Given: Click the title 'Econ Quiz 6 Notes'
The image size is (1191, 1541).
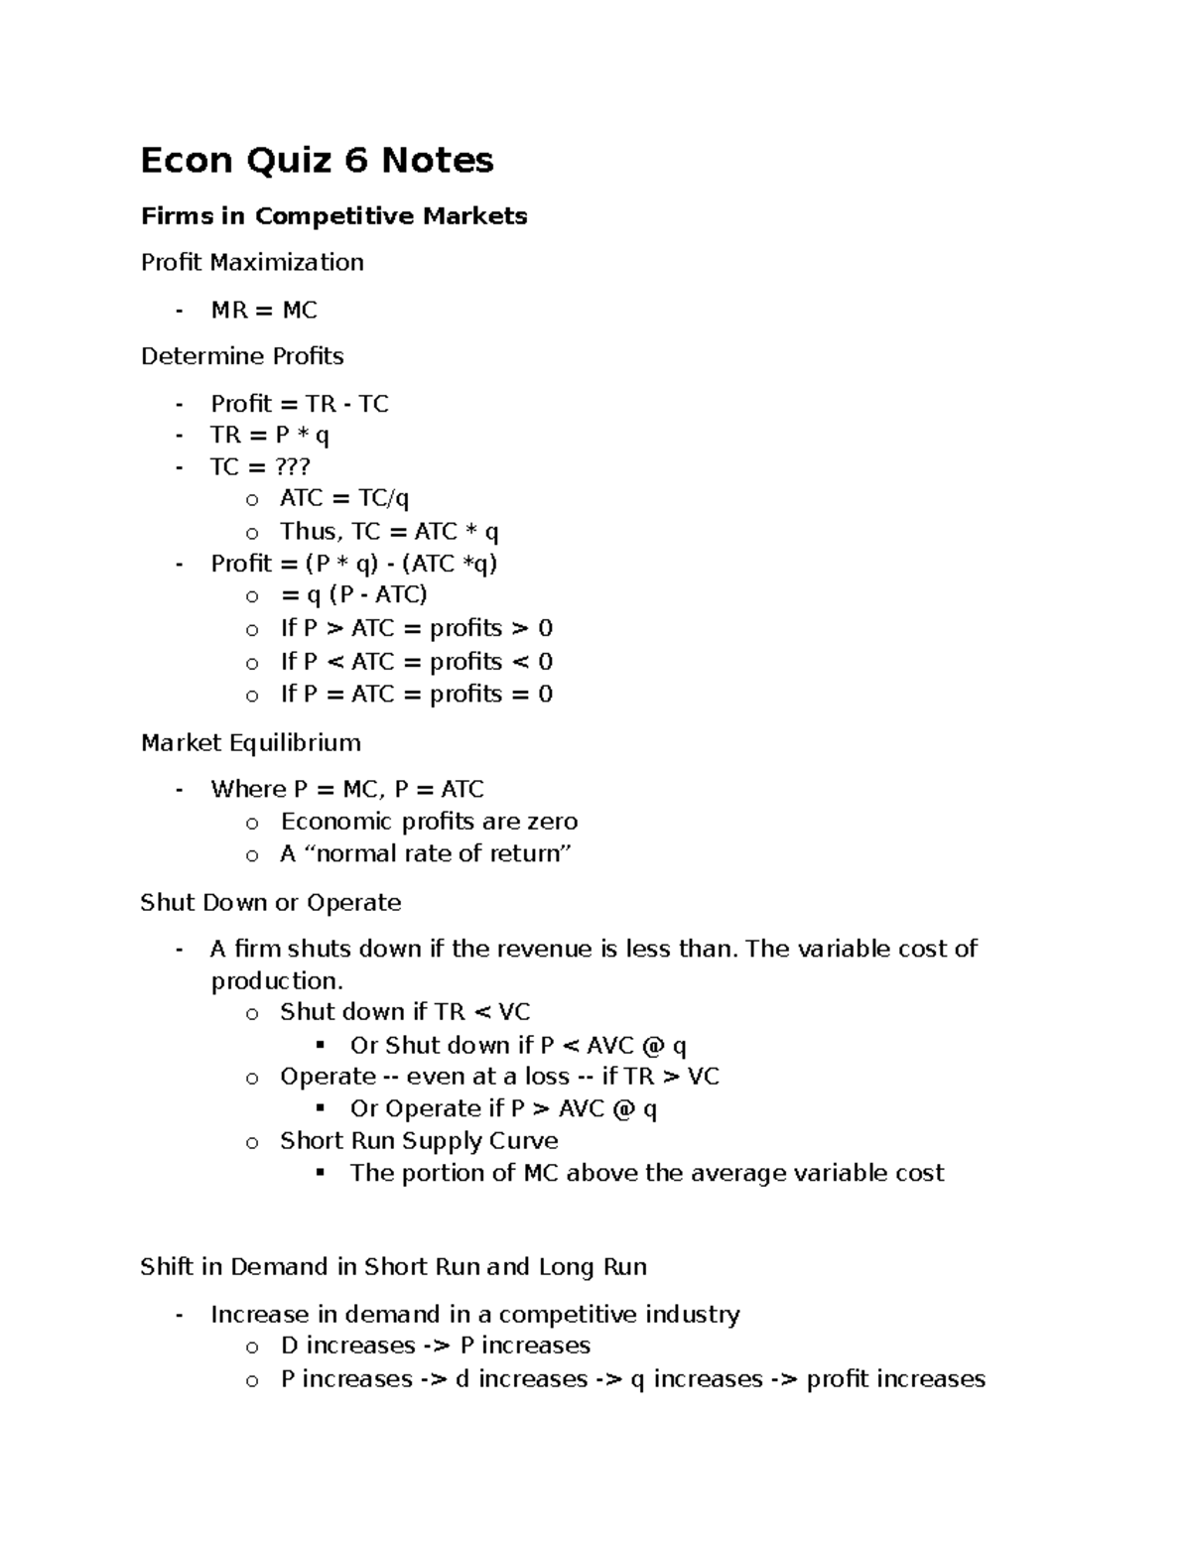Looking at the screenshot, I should click(317, 161).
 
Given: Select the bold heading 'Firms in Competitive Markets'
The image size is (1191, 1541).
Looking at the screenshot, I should click(333, 216).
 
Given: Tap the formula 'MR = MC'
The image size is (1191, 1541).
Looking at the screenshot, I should click(264, 311).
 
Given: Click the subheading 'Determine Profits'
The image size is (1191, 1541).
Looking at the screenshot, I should click(242, 356).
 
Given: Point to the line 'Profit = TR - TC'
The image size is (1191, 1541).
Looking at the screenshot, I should click(299, 404).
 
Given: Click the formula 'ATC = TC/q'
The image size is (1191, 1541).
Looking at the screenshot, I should click(344, 499).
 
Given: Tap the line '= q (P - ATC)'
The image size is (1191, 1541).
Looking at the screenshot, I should click(353, 595).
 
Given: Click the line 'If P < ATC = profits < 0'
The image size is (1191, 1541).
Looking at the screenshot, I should click(416, 662).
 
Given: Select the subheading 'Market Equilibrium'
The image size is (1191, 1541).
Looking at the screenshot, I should click(250, 743).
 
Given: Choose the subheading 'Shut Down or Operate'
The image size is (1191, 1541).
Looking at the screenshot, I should click(271, 903).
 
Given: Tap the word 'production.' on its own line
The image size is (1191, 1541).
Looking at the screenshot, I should click(277, 981).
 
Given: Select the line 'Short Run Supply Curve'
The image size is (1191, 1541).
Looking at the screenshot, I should click(419, 1141).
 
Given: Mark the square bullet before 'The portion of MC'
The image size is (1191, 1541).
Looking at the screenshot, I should click(321, 1173).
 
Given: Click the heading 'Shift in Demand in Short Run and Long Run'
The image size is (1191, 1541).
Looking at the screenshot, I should click(393, 1267).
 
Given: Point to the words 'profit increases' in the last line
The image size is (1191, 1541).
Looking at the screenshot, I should click(895, 1379).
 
